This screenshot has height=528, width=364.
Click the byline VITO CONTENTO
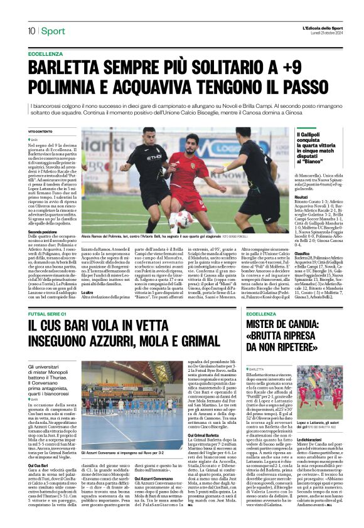(x=40, y=130)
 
